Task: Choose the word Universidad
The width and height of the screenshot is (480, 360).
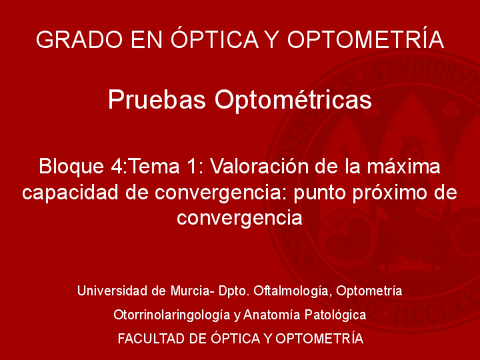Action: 117,291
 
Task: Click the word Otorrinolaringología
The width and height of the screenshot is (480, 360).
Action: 173,315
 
